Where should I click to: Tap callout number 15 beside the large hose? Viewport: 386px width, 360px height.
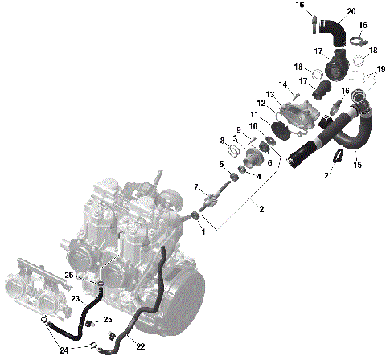coord(358,165)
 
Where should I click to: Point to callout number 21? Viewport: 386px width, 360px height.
coord(328,175)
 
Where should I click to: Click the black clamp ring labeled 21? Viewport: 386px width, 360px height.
coord(340,157)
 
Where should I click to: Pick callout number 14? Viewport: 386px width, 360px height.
coord(283,84)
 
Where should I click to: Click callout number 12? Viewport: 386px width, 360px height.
coord(261,103)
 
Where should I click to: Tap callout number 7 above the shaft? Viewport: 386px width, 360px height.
coord(195,187)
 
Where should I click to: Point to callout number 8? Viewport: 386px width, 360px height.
coord(222,141)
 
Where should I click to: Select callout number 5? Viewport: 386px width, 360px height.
coord(222,164)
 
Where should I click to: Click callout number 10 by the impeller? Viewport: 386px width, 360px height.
coord(253,126)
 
